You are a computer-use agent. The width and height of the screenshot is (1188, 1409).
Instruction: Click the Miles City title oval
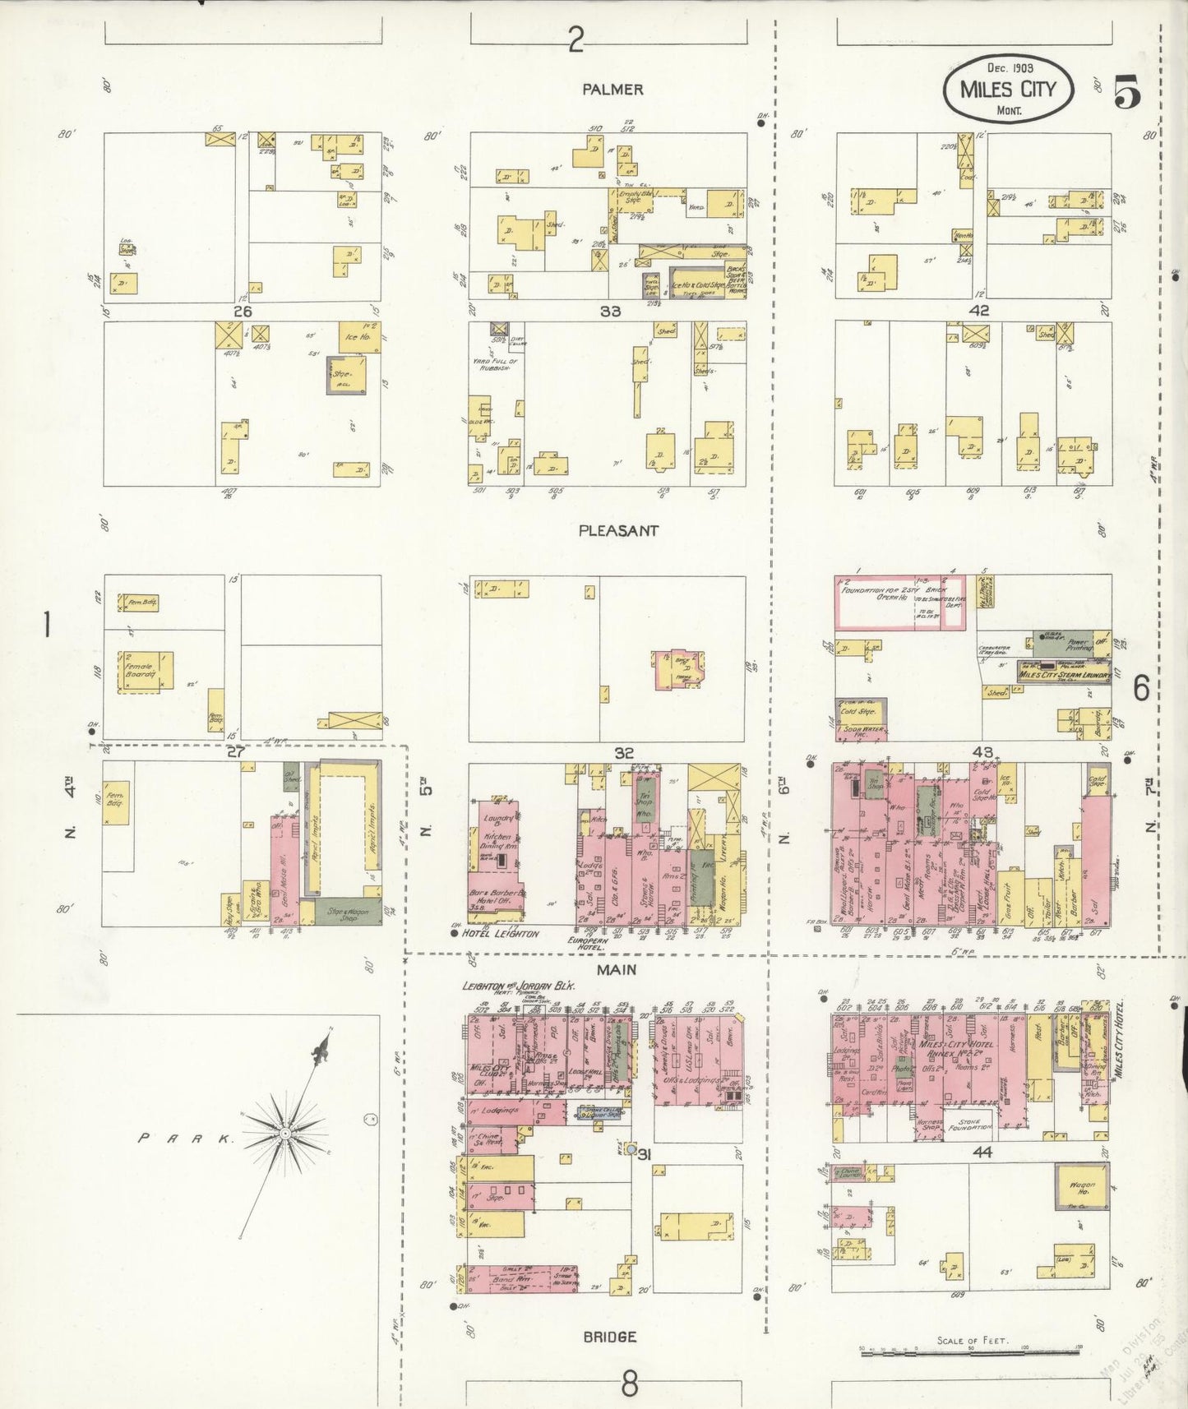click(1008, 88)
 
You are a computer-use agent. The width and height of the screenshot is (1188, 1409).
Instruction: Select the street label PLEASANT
click(618, 530)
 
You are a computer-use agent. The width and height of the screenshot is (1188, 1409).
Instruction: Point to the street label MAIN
click(617, 970)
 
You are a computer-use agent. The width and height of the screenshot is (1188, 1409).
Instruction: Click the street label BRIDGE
click(609, 1337)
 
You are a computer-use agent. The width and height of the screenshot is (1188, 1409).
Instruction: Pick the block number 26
click(242, 312)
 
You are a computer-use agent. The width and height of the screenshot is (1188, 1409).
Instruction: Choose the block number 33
click(610, 312)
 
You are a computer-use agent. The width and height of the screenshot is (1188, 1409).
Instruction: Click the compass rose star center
click(284, 1133)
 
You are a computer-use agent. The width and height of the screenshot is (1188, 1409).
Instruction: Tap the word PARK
click(186, 1139)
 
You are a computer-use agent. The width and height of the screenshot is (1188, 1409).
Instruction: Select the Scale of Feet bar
click(970, 1351)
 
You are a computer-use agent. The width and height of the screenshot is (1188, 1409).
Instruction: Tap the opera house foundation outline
click(900, 603)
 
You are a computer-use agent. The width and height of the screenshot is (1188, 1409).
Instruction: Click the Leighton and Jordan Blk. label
click(518, 986)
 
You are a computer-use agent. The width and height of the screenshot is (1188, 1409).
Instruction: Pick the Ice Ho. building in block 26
click(359, 336)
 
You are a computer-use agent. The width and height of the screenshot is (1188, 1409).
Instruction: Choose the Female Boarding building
click(146, 669)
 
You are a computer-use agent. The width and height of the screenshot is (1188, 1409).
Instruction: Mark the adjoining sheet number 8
click(629, 1384)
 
